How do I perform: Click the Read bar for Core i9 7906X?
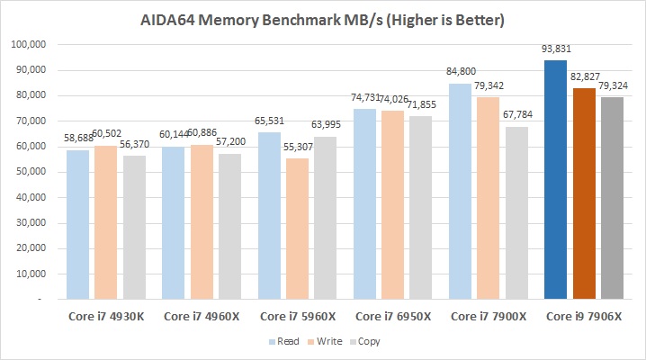click(x=555, y=180)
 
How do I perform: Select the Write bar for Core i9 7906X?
click(x=584, y=193)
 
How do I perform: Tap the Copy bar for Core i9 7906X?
click(x=613, y=198)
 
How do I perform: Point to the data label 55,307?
click(x=298, y=150)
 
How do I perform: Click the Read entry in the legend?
click(x=285, y=342)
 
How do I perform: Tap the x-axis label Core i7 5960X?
click(x=298, y=316)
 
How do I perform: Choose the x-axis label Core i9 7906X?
click(x=584, y=316)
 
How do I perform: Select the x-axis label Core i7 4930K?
click(x=106, y=316)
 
